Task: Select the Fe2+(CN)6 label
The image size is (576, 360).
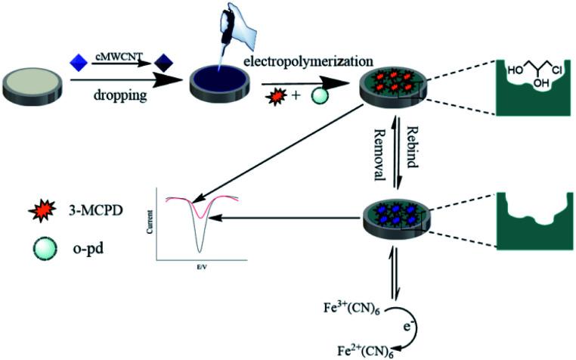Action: (370, 350)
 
